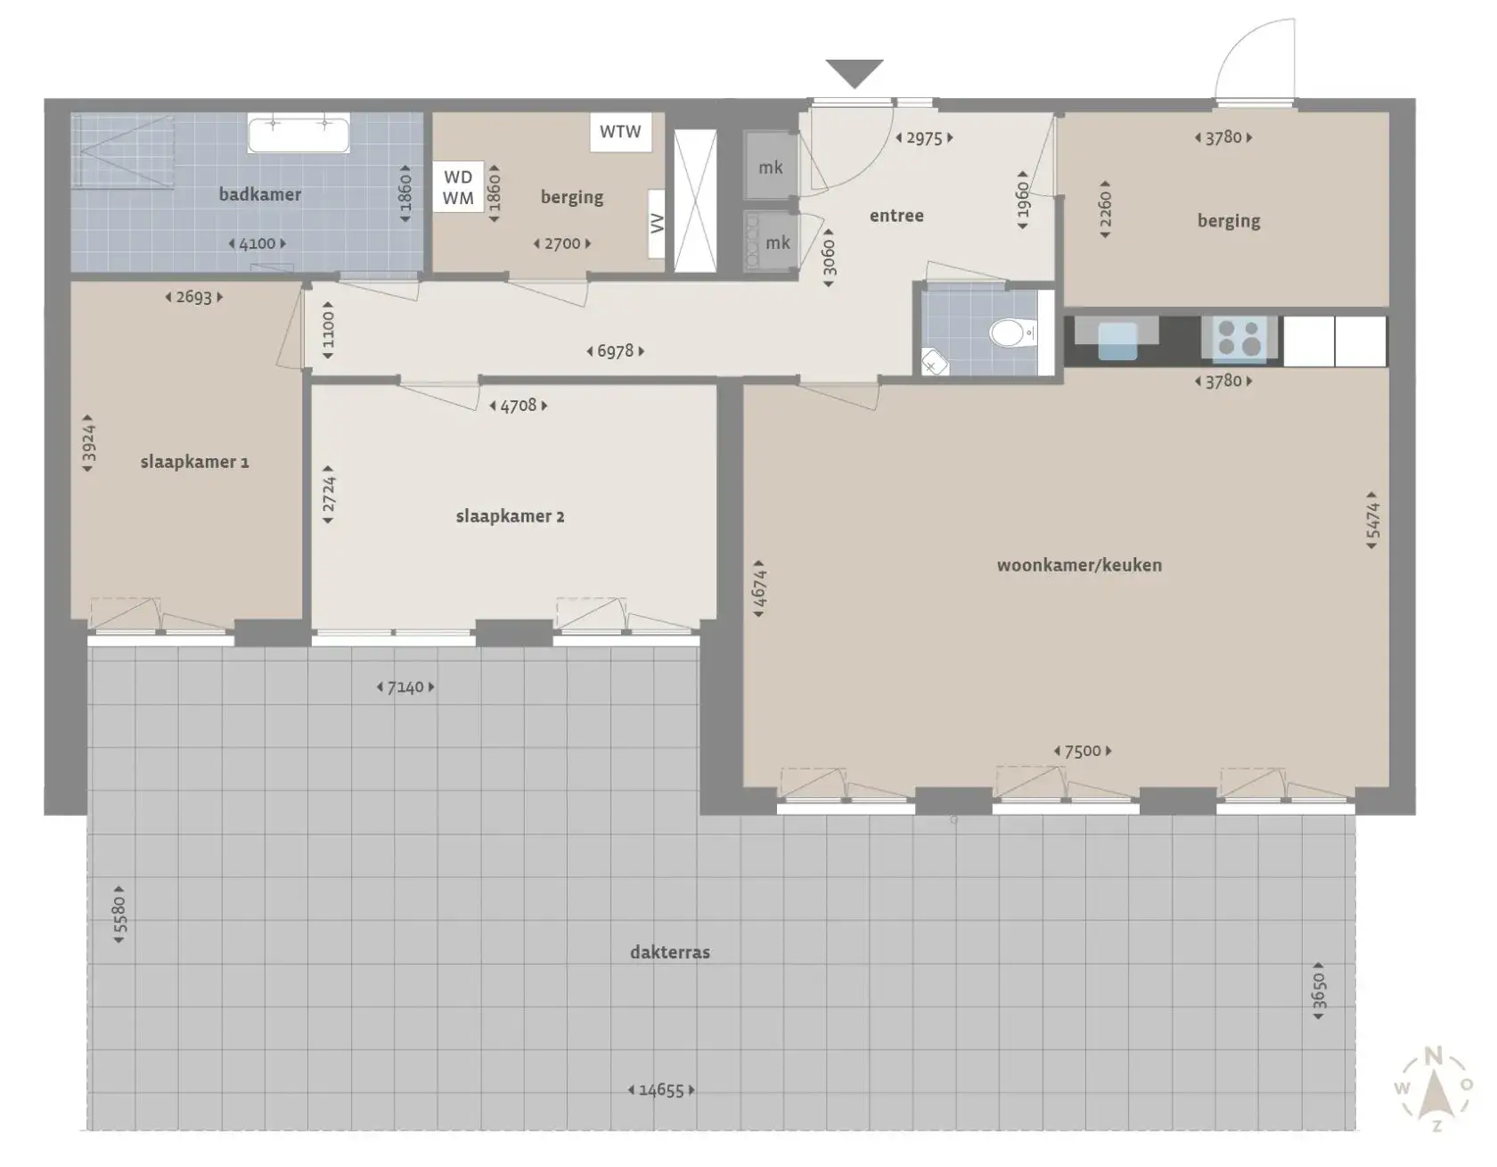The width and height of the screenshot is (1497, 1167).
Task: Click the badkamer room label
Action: pos(259,194)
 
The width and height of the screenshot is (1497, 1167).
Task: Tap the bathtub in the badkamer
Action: pos(299,134)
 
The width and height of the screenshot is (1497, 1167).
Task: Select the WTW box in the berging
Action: pos(620,132)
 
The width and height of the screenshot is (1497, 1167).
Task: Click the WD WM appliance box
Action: pos(458,187)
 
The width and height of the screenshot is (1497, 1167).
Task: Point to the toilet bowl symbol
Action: pos(1009,333)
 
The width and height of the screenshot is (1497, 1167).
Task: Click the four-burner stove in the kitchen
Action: pos(1239,339)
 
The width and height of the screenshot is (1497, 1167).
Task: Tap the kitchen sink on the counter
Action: pos(1117,340)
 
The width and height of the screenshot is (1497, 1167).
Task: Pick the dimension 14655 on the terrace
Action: pos(661,1089)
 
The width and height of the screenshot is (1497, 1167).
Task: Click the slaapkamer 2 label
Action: pos(510,516)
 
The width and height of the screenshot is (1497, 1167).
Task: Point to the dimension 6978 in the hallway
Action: pos(615,351)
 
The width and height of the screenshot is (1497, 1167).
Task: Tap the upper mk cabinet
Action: pos(771,167)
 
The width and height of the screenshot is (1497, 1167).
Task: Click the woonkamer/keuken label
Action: pos(1079,565)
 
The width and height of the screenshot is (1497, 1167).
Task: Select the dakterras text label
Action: pos(670,952)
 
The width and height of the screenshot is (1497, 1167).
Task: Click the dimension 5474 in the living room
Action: pos(1372,520)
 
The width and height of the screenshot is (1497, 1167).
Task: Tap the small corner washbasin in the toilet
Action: pos(934,363)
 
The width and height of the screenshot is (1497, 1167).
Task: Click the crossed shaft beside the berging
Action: pos(695,201)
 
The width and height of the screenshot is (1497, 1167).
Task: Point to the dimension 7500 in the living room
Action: pos(1083,752)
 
